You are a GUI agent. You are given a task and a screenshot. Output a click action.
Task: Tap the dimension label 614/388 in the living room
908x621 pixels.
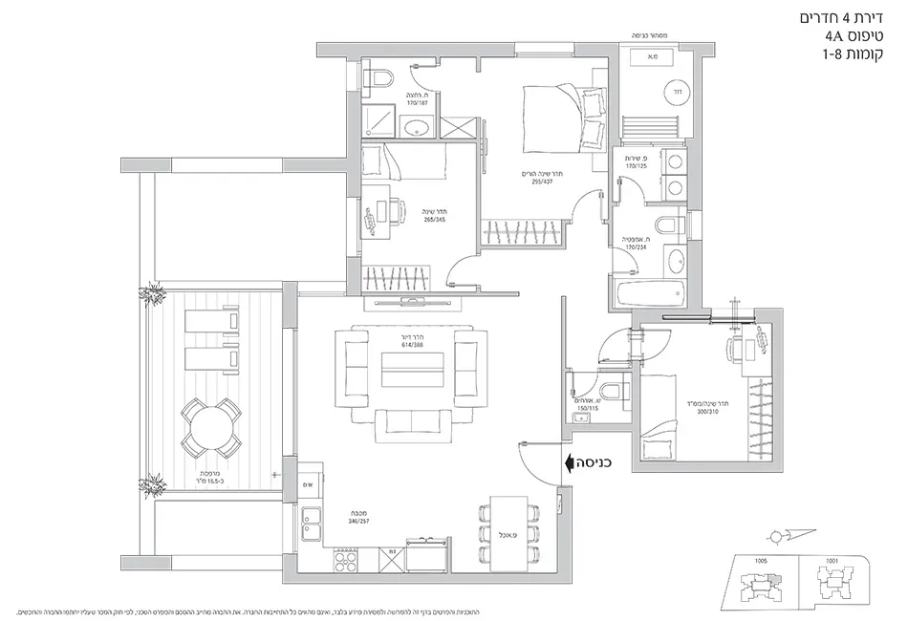[413, 347]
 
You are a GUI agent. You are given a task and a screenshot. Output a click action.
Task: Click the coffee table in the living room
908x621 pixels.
[413, 370]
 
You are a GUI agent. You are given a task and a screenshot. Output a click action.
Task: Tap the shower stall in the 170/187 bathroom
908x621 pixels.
[378, 119]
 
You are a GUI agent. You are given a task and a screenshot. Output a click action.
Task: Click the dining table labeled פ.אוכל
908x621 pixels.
[508, 533]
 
